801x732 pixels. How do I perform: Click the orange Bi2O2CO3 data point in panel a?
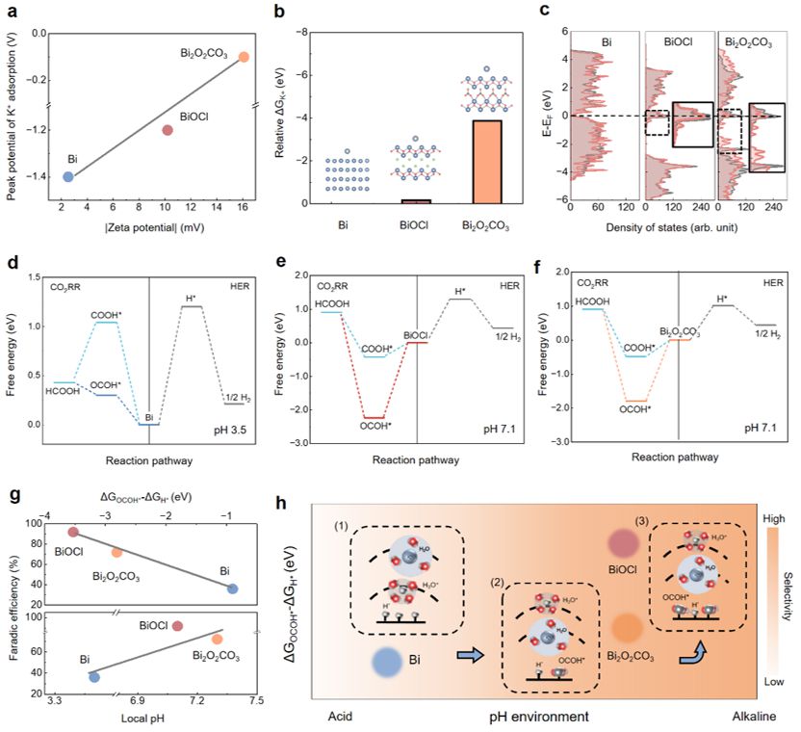tap(245, 57)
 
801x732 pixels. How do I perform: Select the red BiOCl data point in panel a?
tap(168, 130)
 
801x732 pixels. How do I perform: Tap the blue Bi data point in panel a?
tap(67, 176)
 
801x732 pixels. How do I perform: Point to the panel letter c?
tap(546, 12)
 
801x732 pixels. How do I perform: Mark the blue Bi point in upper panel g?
tap(232, 588)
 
